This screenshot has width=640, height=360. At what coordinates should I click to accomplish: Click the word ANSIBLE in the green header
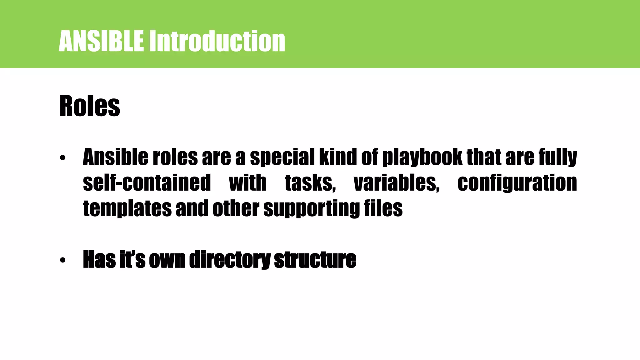(x=101, y=41)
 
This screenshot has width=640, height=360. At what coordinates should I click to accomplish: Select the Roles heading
(x=89, y=106)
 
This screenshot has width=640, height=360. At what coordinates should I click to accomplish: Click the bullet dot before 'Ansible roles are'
(x=63, y=158)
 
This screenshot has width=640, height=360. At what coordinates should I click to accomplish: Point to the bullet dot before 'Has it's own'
(x=63, y=260)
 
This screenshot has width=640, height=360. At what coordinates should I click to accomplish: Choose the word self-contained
(x=147, y=183)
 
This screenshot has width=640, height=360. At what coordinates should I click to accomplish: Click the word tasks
(x=310, y=183)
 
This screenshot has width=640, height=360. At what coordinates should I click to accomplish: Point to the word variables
(x=397, y=183)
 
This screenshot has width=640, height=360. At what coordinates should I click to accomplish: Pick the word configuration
(x=517, y=183)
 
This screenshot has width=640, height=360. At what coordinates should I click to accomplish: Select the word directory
(x=230, y=259)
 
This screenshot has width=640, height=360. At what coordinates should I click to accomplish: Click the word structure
(x=315, y=259)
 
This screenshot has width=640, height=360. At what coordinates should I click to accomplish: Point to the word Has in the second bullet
(x=99, y=259)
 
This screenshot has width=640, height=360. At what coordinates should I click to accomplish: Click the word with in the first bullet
(x=247, y=183)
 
